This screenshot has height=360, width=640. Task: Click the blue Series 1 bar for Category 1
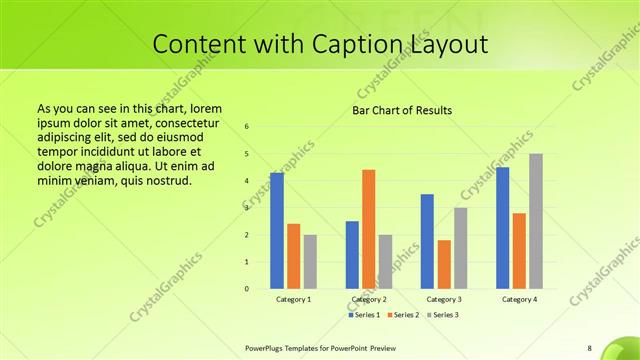coord(277,231)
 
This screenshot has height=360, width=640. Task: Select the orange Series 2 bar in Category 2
coord(368,229)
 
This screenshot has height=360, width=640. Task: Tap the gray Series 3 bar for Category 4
coord(535,221)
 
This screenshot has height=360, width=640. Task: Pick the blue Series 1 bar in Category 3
coord(427,241)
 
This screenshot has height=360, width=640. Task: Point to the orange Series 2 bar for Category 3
coord(444,264)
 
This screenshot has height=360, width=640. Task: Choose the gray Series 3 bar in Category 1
coord(310,262)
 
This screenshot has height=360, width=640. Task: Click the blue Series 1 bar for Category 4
coord(502,228)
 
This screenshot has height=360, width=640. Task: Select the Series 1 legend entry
coord(364,315)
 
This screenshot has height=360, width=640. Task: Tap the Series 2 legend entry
coord(402,315)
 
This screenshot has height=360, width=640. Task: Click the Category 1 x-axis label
coord(294,299)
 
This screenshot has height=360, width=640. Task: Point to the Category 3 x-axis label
coord(444,299)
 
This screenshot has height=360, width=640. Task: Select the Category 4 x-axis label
coord(519,299)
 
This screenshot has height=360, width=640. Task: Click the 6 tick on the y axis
coord(246,127)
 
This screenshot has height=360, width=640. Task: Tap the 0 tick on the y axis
coord(246,289)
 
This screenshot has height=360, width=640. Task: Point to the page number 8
coord(589,347)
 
